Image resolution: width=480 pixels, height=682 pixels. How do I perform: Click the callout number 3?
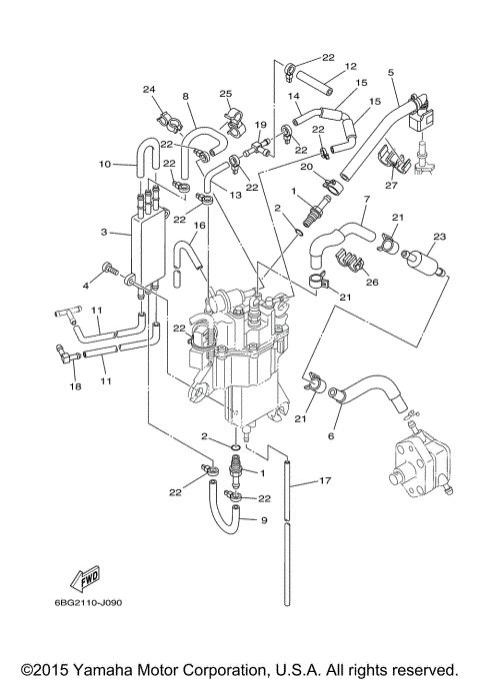(x=104, y=232)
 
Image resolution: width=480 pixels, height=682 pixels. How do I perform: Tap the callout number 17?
(x=324, y=482)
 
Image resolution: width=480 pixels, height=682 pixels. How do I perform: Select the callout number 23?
(x=437, y=238)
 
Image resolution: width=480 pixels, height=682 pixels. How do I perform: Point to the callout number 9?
(x=264, y=520)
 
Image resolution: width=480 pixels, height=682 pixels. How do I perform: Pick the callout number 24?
(x=150, y=90)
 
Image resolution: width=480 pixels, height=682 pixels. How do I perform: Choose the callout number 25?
(x=226, y=93)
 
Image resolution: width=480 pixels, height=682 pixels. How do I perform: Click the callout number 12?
(x=350, y=67)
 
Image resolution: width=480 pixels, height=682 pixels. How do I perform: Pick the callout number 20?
(x=307, y=166)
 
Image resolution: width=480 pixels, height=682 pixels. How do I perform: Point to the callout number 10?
(x=104, y=164)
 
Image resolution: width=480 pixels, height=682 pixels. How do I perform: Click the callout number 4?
(x=87, y=286)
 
